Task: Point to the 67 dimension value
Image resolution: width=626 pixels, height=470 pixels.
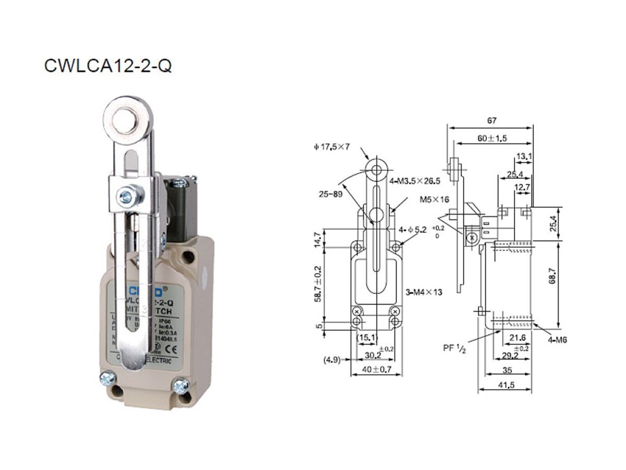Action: click(491, 120)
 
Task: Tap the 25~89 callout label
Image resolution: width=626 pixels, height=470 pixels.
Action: click(331, 194)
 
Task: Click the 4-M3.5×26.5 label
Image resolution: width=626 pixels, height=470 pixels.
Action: click(416, 181)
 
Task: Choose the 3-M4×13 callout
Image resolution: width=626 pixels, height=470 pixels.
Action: click(424, 292)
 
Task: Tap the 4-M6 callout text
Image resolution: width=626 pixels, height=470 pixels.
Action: click(557, 340)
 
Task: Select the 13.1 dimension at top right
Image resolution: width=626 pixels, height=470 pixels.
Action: click(524, 156)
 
